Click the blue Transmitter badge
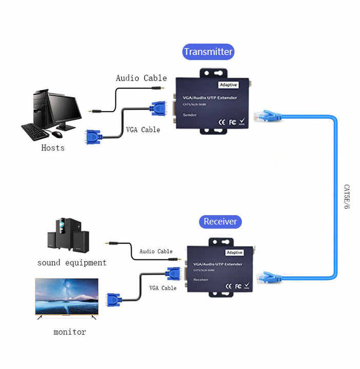point(208,52)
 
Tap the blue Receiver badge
point(220,221)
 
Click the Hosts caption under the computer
point(53,148)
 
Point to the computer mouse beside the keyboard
point(56,134)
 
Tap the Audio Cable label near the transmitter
point(141,78)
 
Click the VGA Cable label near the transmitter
point(143,130)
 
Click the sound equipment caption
point(72,263)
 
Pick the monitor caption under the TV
point(70,332)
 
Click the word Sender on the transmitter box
point(189,115)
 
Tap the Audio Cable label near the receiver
point(156,252)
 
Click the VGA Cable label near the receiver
point(163,288)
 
